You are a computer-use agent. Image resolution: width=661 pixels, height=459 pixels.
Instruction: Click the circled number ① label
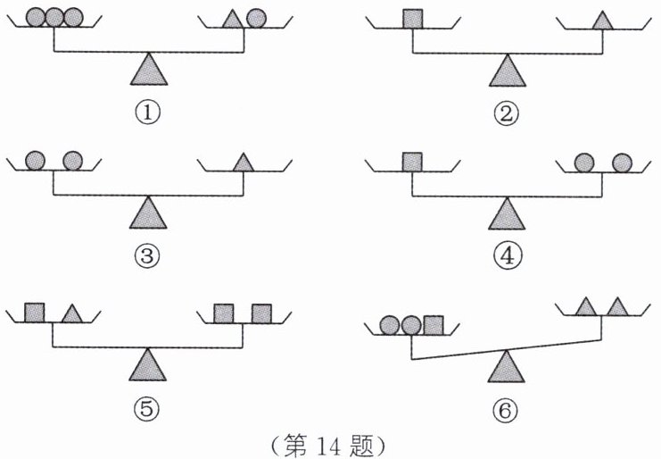[x=147, y=113]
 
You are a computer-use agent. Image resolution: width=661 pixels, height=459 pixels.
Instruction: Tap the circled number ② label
[x=508, y=113]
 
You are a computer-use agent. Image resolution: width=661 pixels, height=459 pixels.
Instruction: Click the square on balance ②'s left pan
[x=411, y=18]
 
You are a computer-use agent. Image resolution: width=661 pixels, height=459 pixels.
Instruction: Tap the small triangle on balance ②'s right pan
[x=601, y=19]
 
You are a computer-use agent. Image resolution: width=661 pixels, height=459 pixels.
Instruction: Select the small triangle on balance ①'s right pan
[x=232, y=19]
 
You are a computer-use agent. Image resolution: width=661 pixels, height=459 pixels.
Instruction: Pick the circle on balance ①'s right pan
[x=256, y=18]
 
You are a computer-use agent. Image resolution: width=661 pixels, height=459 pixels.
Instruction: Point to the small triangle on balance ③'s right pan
[x=242, y=162]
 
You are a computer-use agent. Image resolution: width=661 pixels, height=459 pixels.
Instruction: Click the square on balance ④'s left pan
[x=411, y=162]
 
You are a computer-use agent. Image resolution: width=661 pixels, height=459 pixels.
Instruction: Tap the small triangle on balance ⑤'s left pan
[x=72, y=314]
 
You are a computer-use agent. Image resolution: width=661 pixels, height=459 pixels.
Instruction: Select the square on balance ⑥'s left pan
[x=434, y=324]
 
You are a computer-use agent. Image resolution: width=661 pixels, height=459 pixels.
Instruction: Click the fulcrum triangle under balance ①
[x=148, y=69]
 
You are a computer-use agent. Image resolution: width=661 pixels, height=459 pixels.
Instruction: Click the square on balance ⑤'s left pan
[x=35, y=313]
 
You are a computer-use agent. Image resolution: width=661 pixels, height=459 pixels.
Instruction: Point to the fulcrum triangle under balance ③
[x=148, y=213]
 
